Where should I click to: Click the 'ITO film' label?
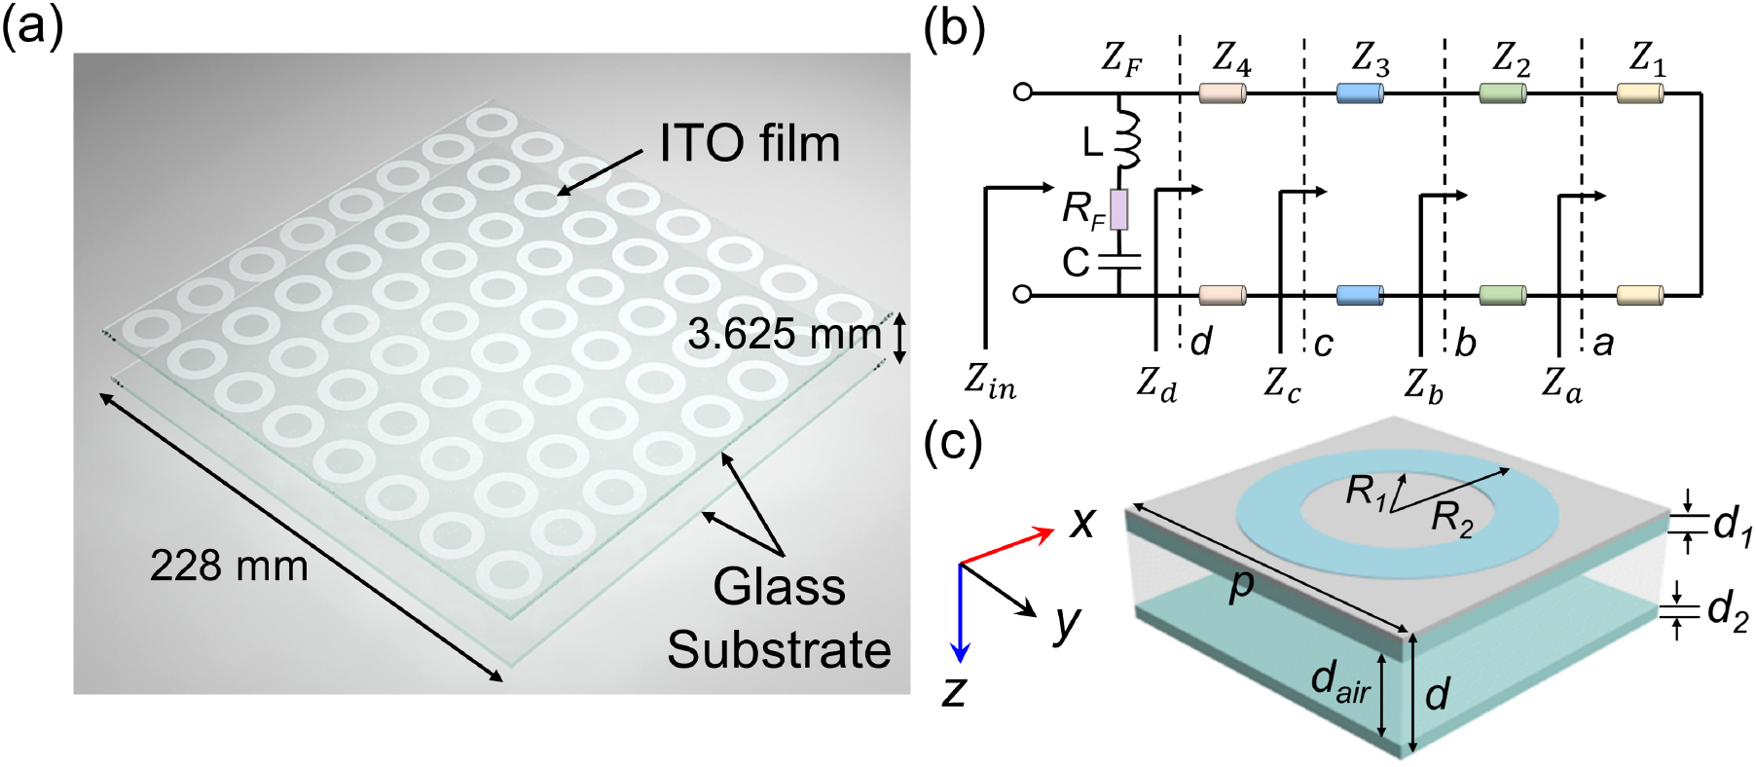(750, 144)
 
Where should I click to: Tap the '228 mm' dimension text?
(229, 566)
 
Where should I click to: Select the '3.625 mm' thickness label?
(784, 335)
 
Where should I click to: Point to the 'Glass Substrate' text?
(779, 618)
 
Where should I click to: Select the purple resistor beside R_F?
(1119, 209)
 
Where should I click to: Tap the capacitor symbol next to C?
(1119, 261)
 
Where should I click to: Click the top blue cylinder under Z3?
(1360, 93)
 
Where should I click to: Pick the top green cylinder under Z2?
(1502, 93)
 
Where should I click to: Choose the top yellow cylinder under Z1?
(1640, 93)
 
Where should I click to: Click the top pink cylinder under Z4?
(1223, 93)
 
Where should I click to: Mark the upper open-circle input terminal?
(1022, 92)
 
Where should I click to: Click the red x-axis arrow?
(1007, 546)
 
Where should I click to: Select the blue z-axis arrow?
(961, 613)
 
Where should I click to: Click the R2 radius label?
(1451, 520)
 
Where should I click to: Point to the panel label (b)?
(954, 29)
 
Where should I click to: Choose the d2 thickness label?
(1728, 612)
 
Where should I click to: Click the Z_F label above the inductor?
(1121, 60)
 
